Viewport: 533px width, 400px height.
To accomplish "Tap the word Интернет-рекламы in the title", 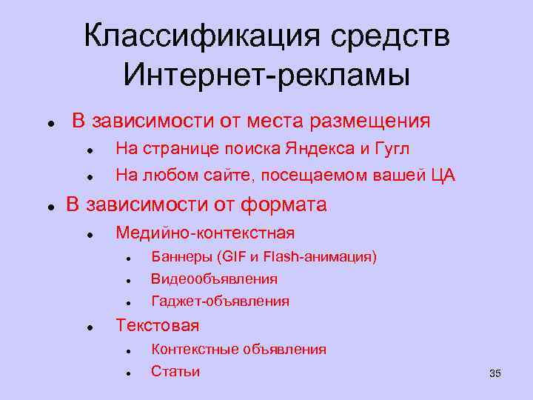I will pyautogui.click(x=266, y=74).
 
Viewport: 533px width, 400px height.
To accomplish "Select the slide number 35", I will pyautogui.click(x=495, y=373).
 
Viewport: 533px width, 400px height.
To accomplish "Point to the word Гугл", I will pyautogui.click(x=392, y=149).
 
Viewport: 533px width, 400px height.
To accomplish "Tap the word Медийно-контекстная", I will pyautogui.click(x=205, y=233).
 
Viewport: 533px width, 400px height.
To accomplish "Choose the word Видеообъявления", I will pyautogui.click(x=214, y=279).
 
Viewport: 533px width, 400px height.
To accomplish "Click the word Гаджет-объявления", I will pyautogui.click(x=220, y=301).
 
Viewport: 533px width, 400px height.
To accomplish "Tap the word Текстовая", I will pyautogui.click(x=157, y=325).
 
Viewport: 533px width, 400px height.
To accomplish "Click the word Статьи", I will pyautogui.click(x=175, y=371).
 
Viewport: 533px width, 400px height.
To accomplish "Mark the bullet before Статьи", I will pyautogui.click(x=128, y=374).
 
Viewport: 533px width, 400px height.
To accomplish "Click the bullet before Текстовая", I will pyautogui.click(x=88, y=327).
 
